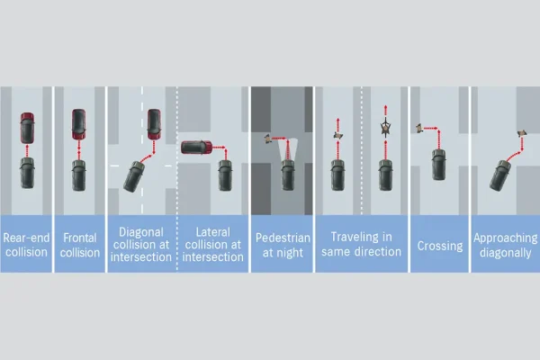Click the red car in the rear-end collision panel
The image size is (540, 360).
(27, 128)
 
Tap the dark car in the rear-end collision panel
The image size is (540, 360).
(27, 173)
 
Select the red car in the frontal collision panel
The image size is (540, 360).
(79, 124)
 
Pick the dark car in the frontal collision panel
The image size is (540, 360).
(79, 175)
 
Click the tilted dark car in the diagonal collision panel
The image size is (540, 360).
(134, 176)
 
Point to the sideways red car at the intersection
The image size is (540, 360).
(196, 147)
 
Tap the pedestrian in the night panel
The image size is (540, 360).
(267, 139)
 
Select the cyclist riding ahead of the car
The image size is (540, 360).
(385, 128)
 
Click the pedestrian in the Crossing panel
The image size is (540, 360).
(418, 128)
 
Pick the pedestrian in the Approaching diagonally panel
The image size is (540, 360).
(522, 133)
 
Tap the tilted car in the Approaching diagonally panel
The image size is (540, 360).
(500, 175)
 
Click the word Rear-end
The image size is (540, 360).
(26, 238)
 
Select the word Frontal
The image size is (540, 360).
(79, 238)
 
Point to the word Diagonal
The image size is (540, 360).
(141, 232)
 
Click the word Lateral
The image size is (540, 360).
(212, 232)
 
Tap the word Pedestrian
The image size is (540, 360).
(283, 238)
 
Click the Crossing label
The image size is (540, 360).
(440, 246)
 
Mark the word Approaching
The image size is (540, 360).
(505, 238)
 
